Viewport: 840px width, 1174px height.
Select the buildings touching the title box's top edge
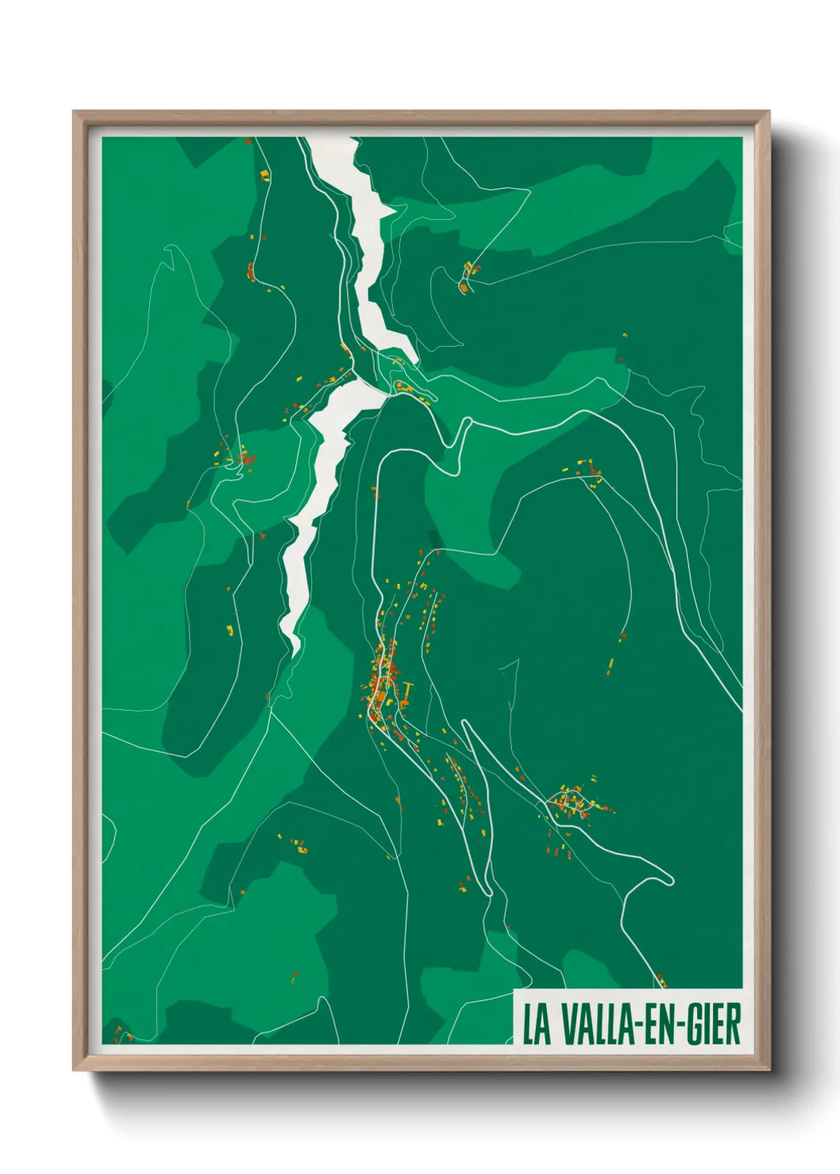(x=661, y=982)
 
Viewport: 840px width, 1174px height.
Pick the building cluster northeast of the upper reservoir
(x=468, y=276)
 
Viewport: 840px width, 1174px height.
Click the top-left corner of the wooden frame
(x=74, y=112)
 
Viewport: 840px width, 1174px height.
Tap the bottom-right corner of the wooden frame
(x=769, y=1070)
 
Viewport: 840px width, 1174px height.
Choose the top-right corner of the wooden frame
(x=769, y=112)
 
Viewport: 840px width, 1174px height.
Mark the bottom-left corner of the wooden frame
(x=74, y=1070)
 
